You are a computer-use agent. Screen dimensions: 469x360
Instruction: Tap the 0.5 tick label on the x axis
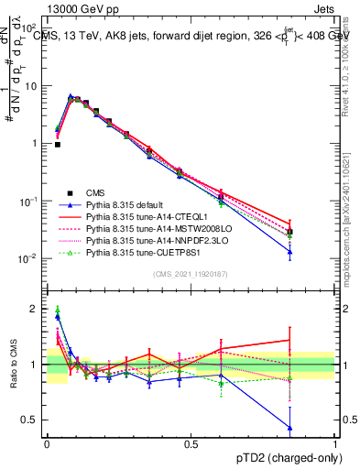point(191,442)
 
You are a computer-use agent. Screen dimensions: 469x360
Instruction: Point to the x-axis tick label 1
point(334,442)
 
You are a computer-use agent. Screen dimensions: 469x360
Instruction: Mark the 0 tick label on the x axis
point(47,442)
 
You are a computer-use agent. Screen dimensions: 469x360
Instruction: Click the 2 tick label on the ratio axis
point(35,309)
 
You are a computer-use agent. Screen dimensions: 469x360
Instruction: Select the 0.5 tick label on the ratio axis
point(32,420)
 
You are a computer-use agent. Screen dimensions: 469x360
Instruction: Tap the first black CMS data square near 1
point(58,145)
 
